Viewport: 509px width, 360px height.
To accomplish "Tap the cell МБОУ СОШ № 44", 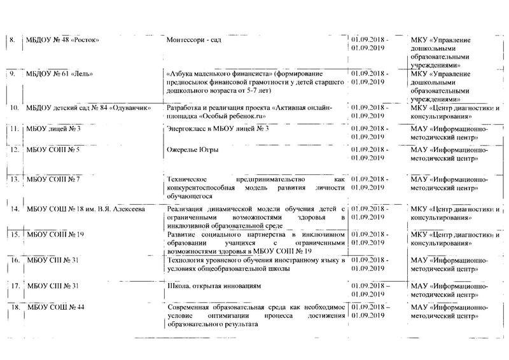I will click(x=54, y=308).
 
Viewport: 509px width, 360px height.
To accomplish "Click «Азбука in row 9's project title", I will click(x=181, y=74).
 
